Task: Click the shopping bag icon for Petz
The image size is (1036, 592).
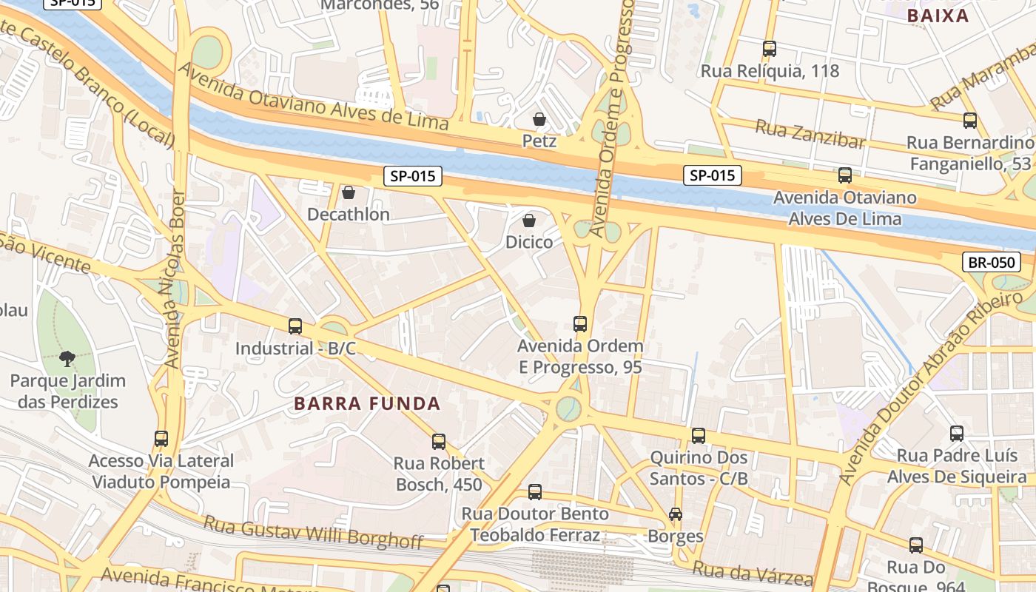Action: coord(539,119)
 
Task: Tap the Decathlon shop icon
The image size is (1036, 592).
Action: coord(349,193)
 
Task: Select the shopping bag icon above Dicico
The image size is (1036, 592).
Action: coord(529,221)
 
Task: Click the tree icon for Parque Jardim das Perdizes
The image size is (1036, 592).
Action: coord(67,359)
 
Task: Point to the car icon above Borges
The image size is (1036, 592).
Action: coord(675,514)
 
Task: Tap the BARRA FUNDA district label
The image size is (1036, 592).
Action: coord(367,404)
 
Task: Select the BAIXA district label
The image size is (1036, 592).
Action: coord(938,16)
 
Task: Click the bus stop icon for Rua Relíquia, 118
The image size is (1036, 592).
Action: coord(770,49)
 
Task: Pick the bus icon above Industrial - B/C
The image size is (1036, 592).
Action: coord(295,326)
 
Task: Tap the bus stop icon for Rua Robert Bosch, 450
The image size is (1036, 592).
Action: coord(439,442)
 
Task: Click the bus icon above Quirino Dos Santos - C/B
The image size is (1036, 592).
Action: coord(699,436)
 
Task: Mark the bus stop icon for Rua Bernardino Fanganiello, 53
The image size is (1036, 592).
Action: coord(969,120)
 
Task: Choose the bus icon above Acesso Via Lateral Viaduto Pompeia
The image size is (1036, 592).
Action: coord(161,438)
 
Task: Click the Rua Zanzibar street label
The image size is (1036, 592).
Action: coord(810,134)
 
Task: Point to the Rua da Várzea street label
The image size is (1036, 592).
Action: coord(753,572)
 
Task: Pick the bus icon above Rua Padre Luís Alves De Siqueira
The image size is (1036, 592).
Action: coord(957,434)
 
